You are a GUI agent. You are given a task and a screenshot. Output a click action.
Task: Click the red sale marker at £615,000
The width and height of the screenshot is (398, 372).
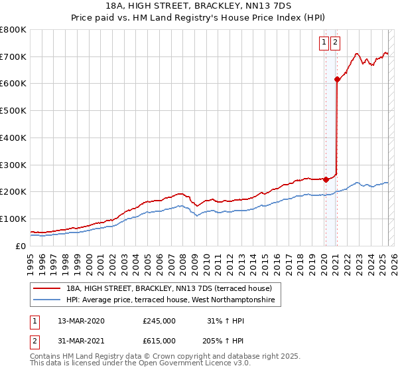(x=337, y=80)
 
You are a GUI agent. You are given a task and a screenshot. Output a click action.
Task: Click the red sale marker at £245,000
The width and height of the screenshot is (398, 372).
(x=326, y=179)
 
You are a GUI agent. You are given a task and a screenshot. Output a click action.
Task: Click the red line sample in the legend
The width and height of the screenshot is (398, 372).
(x=48, y=288)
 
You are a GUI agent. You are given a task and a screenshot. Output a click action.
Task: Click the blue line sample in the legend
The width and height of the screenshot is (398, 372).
(x=48, y=300)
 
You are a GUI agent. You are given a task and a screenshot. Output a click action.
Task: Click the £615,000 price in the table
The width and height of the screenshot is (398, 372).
(x=159, y=341)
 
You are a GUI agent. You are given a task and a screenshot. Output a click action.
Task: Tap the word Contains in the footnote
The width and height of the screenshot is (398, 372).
(x=46, y=357)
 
